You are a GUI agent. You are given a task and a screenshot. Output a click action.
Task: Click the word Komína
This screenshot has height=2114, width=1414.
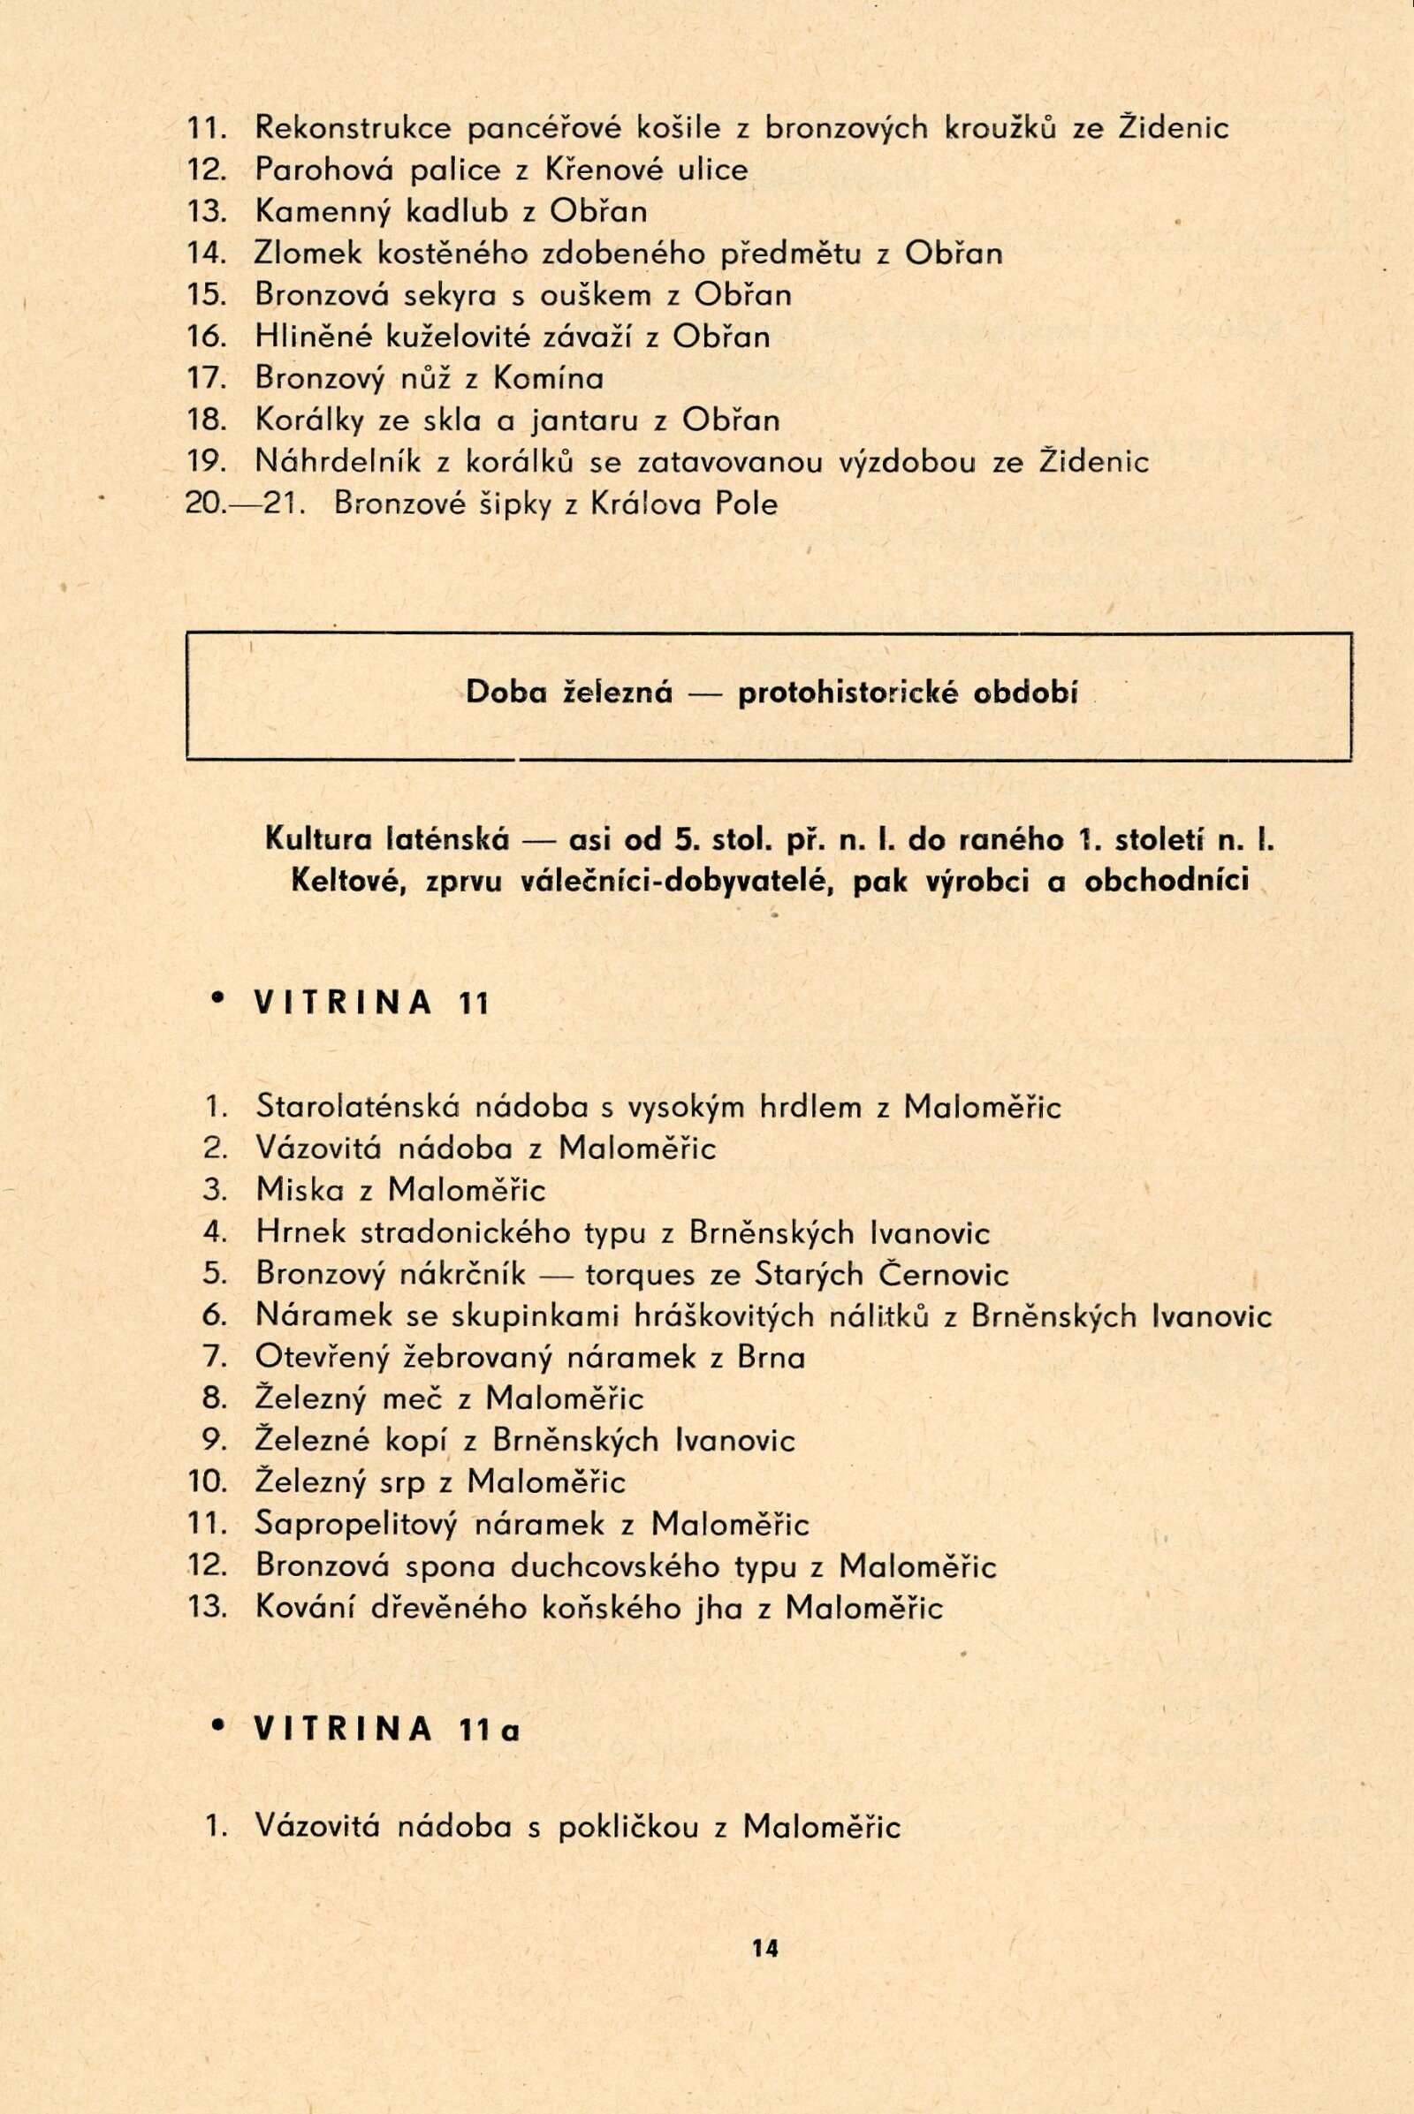click(x=547, y=378)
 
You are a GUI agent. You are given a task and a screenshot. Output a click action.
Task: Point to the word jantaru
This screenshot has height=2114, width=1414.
click(x=604, y=421)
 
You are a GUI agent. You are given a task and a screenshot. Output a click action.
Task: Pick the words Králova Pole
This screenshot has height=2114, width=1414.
click(x=682, y=503)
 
